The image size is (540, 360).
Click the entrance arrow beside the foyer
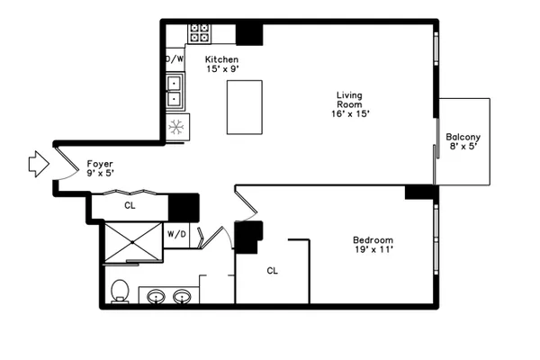(x=39, y=165)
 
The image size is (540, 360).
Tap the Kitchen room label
(x=221, y=59)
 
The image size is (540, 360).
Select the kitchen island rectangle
(x=245, y=107)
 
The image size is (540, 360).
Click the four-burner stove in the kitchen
(x=200, y=33)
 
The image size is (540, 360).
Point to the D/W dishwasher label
(x=175, y=58)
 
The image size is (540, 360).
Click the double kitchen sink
(x=175, y=91)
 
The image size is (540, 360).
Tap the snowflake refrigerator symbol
(x=176, y=127)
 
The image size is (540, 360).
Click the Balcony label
(x=463, y=137)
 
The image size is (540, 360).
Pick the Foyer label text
(x=100, y=164)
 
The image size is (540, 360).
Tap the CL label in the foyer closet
(x=130, y=205)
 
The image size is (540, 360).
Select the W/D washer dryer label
(x=176, y=234)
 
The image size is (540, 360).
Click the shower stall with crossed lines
(x=133, y=242)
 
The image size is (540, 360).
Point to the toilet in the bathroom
(x=121, y=291)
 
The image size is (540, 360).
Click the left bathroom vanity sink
(x=156, y=297)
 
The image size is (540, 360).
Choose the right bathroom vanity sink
(x=182, y=297)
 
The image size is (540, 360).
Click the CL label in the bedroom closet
(x=272, y=271)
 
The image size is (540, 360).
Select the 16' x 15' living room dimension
(x=350, y=113)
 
